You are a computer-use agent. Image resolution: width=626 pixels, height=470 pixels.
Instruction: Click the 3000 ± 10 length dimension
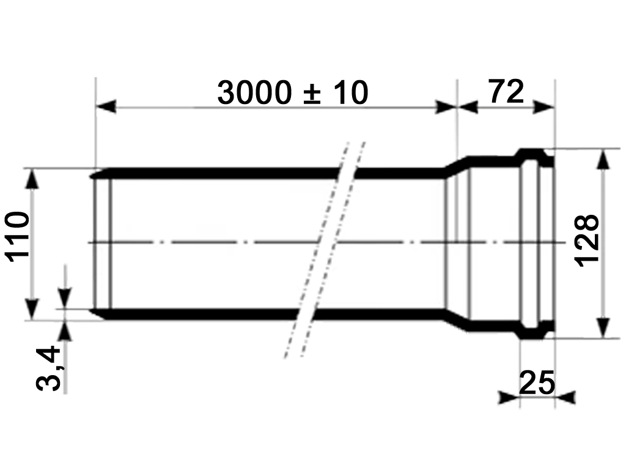pos(292,93)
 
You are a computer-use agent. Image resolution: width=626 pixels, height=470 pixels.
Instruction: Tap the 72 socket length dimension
pos(506,92)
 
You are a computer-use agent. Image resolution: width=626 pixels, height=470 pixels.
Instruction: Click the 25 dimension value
pos(536,384)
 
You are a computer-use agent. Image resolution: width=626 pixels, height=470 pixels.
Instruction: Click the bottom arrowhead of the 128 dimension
pos(603,327)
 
